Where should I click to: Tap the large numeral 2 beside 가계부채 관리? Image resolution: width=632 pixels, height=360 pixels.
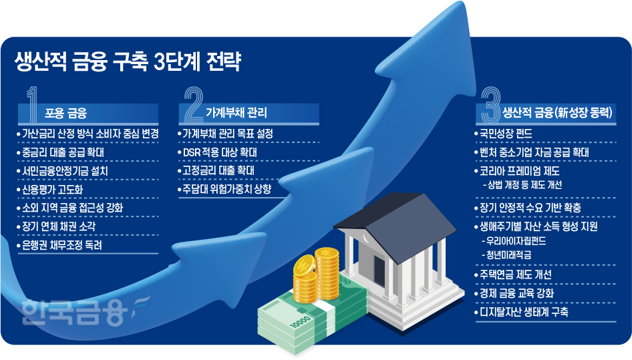point(193,104)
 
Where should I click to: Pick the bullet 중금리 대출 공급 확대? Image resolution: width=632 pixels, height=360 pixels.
point(62,152)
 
